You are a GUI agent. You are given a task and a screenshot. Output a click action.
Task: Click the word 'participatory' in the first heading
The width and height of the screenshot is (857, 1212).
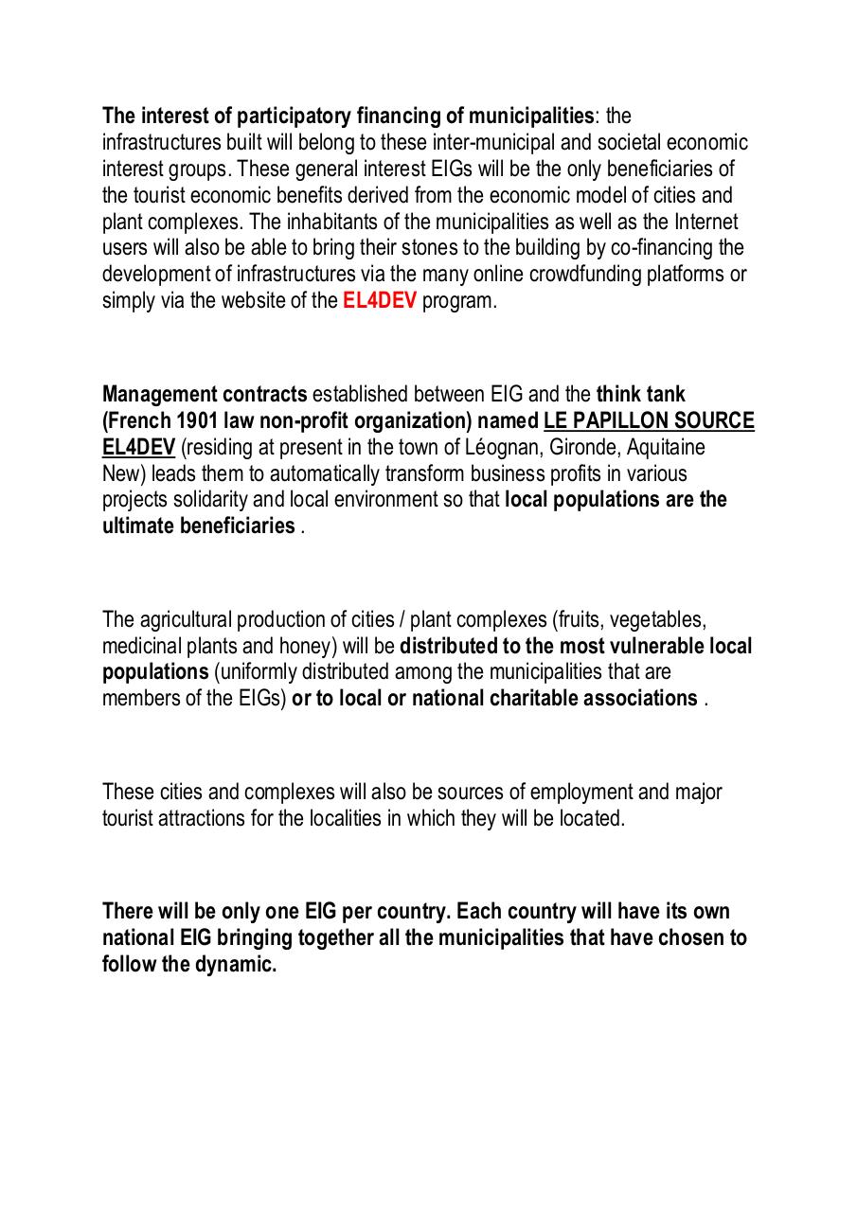coord(294,116)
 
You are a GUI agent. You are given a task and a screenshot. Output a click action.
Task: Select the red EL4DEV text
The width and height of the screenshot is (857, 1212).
coord(379,302)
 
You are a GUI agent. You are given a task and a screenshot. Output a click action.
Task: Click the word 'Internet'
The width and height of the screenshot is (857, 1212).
coord(702,223)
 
